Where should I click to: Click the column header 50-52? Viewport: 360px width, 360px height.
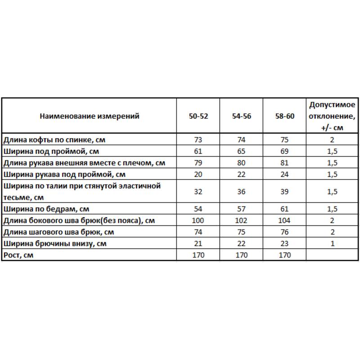click(x=198, y=116)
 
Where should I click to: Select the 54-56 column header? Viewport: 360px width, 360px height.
click(x=242, y=116)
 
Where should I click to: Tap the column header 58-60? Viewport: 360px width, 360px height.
click(x=285, y=116)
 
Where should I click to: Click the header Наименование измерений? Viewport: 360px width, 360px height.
click(x=90, y=116)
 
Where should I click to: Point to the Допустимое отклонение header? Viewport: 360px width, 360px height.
click(x=332, y=116)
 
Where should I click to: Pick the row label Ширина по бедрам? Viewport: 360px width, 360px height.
click(x=46, y=209)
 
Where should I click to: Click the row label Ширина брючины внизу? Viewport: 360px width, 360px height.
click(x=54, y=243)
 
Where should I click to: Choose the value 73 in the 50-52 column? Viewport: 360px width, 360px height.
click(x=198, y=139)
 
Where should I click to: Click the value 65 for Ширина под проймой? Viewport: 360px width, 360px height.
click(x=242, y=151)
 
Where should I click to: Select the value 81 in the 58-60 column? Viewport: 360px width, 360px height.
click(x=285, y=162)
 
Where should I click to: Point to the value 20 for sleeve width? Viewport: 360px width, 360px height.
click(x=198, y=174)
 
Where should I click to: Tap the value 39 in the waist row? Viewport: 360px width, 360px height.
click(x=285, y=191)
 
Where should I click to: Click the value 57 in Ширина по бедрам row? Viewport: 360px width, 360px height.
click(x=242, y=209)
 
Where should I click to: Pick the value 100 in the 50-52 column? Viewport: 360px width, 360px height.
click(x=198, y=220)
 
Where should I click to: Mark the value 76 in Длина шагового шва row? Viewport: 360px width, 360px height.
click(x=285, y=232)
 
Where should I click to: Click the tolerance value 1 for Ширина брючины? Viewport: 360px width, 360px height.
click(x=332, y=243)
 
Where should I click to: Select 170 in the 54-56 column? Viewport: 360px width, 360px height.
click(x=242, y=255)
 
